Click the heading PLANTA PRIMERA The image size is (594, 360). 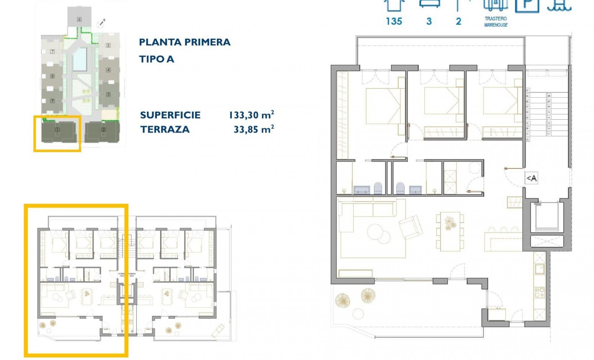[184, 42]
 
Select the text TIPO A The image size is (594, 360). [157, 59]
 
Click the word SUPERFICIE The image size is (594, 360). [170, 115]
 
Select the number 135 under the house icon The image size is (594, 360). [394, 21]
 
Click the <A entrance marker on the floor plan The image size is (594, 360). [531, 179]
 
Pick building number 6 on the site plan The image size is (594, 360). [79, 19]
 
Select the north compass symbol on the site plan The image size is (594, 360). [103, 21]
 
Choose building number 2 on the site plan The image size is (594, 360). [103, 130]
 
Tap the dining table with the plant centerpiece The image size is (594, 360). [450, 230]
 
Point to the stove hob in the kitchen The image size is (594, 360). [539, 292]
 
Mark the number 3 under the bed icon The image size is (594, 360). [429, 21]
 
